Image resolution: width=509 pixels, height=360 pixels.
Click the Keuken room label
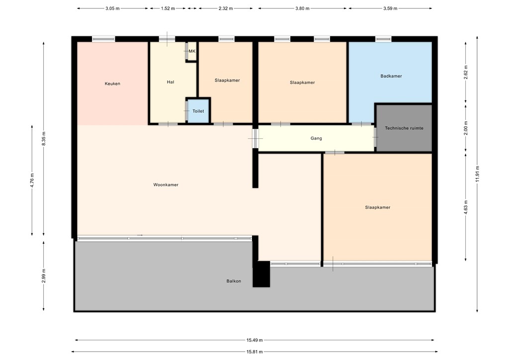click(112, 84)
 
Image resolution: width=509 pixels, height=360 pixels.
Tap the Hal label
click(170, 82)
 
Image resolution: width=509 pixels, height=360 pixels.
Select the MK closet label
click(192, 51)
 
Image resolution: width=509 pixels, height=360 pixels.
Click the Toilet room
click(198, 111)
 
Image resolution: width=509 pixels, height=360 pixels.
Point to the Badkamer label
click(391, 76)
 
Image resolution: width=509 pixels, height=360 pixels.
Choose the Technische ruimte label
click(404, 128)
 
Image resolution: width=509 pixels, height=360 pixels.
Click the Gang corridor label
click(316, 138)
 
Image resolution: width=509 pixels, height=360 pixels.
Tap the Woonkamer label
click(166, 185)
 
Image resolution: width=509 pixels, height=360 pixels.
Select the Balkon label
click(234, 281)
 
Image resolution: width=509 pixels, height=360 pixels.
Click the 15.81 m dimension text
click(254, 352)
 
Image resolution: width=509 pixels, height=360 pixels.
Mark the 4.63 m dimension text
click(466, 206)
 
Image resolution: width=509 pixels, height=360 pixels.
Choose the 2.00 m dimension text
click(466, 127)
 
